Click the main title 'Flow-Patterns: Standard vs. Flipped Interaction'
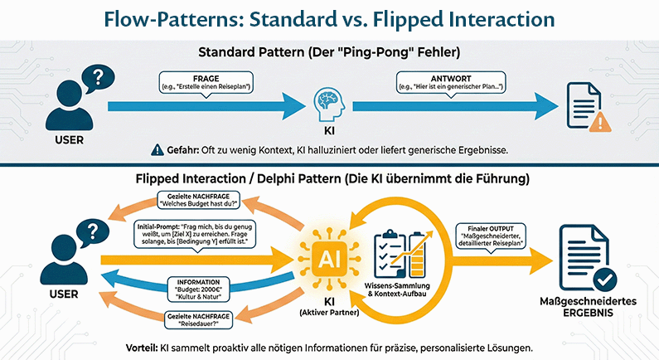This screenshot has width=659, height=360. click(x=329, y=18)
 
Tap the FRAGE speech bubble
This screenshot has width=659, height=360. click(x=205, y=81)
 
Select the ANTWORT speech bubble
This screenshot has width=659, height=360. click(x=453, y=81)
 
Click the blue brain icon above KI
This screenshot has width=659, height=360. click(x=327, y=104)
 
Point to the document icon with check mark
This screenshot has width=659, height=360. click(x=591, y=252)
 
